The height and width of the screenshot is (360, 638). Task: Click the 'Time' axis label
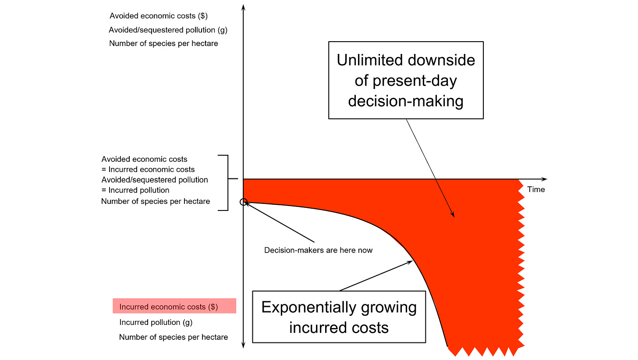click(536, 189)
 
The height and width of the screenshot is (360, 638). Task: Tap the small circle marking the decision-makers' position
click(244, 202)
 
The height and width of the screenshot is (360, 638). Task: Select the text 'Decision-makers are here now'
click(319, 250)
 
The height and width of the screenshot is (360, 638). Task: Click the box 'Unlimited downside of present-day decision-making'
click(406, 80)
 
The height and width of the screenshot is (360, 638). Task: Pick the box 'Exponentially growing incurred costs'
click(339, 317)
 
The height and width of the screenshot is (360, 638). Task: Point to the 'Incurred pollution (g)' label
click(156, 322)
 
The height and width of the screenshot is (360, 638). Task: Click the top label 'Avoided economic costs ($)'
click(158, 16)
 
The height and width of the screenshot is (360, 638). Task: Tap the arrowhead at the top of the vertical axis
click(243, 6)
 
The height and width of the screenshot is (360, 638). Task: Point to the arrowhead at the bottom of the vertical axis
click(243, 346)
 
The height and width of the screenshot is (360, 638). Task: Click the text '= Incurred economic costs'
click(148, 169)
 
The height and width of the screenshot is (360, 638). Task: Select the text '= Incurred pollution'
click(135, 190)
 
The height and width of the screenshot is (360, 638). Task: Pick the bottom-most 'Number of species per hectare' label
click(174, 337)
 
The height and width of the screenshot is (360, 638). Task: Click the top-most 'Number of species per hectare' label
click(163, 43)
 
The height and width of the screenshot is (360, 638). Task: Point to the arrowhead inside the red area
click(453, 215)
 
